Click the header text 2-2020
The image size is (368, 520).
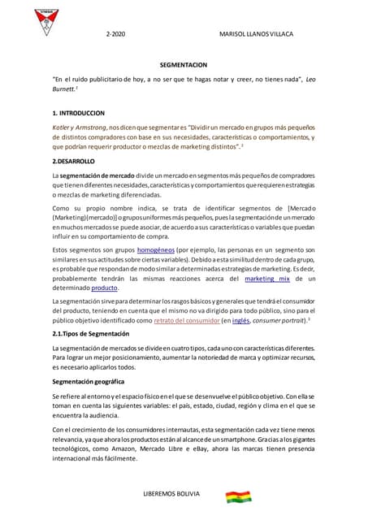coord(117,35)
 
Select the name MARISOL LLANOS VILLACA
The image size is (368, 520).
coord(257,35)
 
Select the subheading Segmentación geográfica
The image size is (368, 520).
coord(88,381)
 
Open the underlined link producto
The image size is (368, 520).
coord(105,288)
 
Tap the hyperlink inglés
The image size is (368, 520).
coord(241,320)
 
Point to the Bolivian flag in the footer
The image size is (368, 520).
coord(238,497)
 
